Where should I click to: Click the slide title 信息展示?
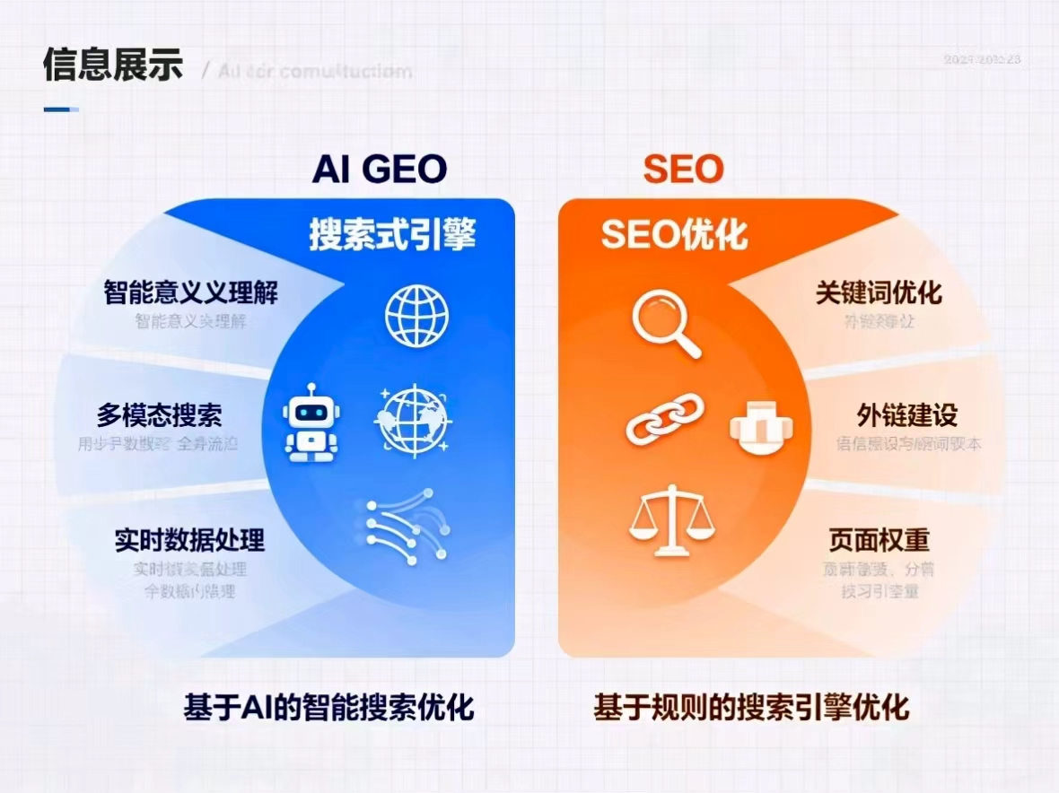point(113,65)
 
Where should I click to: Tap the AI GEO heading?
point(380,169)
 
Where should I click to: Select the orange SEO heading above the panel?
point(683,169)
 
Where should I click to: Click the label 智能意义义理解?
point(191,292)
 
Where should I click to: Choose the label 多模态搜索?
point(160,415)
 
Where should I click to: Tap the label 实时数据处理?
point(189,540)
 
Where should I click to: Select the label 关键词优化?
point(879,292)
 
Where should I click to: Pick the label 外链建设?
point(907,415)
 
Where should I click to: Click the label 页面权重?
point(879,540)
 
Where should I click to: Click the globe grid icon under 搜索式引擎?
point(416,317)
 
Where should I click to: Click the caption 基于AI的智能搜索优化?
point(328,707)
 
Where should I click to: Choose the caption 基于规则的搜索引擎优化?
point(751,707)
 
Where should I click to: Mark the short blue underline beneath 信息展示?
point(60,109)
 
